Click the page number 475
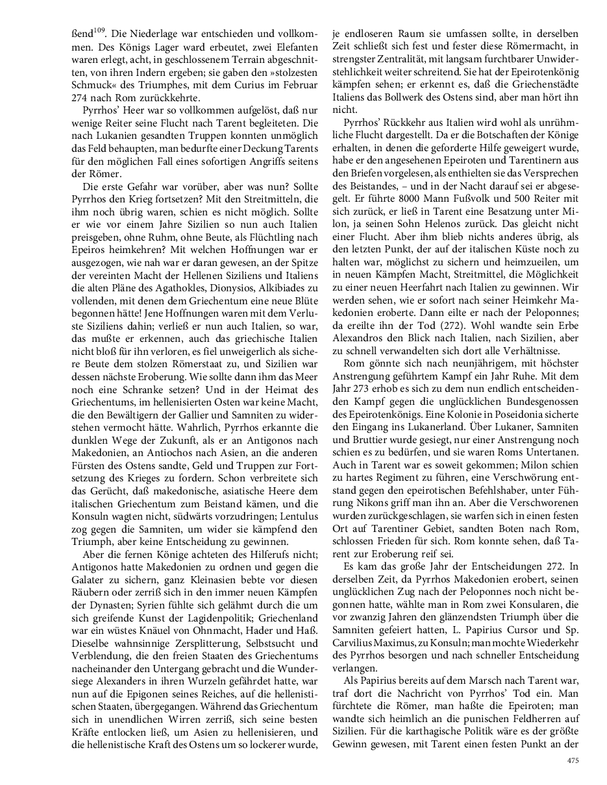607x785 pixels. click(x=573, y=760)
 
